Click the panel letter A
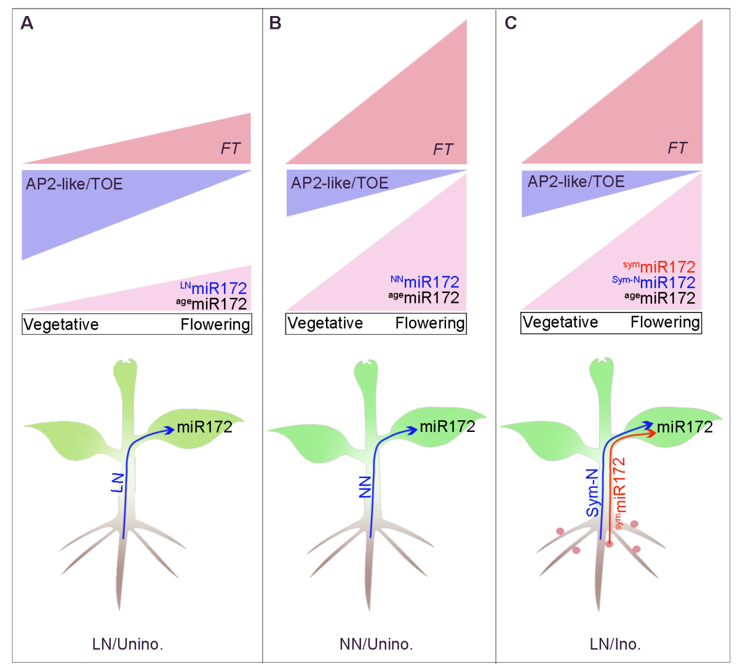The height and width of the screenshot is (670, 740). [x=26, y=23]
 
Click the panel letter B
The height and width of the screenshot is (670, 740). [x=275, y=23]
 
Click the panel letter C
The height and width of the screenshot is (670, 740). [x=511, y=23]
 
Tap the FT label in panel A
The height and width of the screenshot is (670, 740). [x=231, y=148]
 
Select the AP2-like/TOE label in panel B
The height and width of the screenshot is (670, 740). [x=340, y=183]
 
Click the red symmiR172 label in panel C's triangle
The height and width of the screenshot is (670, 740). [x=659, y=266]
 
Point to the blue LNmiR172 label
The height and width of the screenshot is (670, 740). [x=213, y=287]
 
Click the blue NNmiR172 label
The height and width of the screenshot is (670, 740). [x=425, y=281]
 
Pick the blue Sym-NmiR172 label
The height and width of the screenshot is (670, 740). [x=654, y=282]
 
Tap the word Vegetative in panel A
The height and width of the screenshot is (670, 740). [x=61, y=324]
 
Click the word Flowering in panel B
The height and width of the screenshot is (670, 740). [x=429, y=323]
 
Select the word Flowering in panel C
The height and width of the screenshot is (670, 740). [x=665, y=322]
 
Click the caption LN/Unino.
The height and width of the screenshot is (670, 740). [x=127, y=644]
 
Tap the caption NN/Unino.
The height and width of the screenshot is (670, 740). [x=376, y=644]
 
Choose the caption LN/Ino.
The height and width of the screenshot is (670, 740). [x=615, y=644]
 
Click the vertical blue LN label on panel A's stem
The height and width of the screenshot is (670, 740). [x=117, y=482]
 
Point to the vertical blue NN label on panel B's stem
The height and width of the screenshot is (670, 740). [x=365, y=486]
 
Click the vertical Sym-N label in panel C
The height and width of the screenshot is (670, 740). [x=592, y=492]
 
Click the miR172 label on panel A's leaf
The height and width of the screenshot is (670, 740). [x=204, y=427]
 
